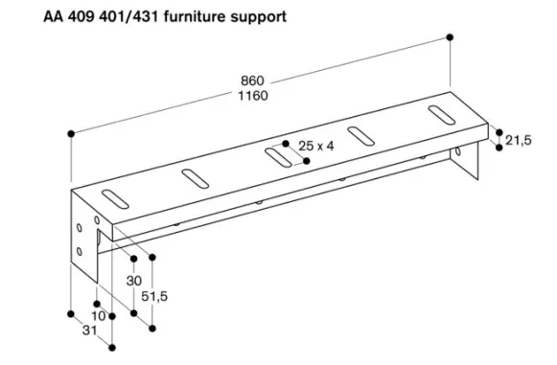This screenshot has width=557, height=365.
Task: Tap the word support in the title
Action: point(258,16)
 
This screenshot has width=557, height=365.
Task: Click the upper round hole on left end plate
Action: point(79,229)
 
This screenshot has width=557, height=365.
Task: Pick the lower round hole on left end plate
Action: point(79,253)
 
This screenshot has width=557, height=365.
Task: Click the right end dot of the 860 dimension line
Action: point(451,36)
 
